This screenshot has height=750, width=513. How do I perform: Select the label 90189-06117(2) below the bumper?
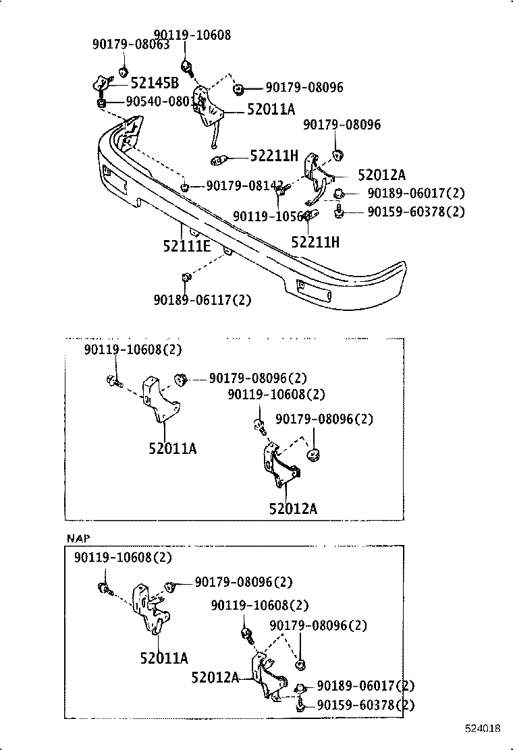pyautogui.click(x=202, y=300)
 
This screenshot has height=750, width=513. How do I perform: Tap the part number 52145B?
pyautogui.click(x=155, y=83)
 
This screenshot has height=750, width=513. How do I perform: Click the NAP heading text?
pyautogui.click(x=78, y=538)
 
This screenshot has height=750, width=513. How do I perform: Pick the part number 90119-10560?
pyautogui.click(x=271, y=216)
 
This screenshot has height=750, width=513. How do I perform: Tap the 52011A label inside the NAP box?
pyautogui.click(x=164, y=658)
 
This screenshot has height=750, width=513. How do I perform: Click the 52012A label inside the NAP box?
pyautogui.click(x=215, y=676)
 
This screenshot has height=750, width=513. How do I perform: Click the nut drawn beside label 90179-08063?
pyautogui.click(x=124, y=71)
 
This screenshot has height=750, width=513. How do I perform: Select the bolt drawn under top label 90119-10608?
pyautogui.click(x=187, y=67)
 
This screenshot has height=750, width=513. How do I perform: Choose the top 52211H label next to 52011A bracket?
pyautogui.click(x=273, y=156)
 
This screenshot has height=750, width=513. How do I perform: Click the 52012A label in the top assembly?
pyautogui.click(x=381, y=175)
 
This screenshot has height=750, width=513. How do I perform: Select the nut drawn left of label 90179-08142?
pyautogui.click(x=185, y=185)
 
